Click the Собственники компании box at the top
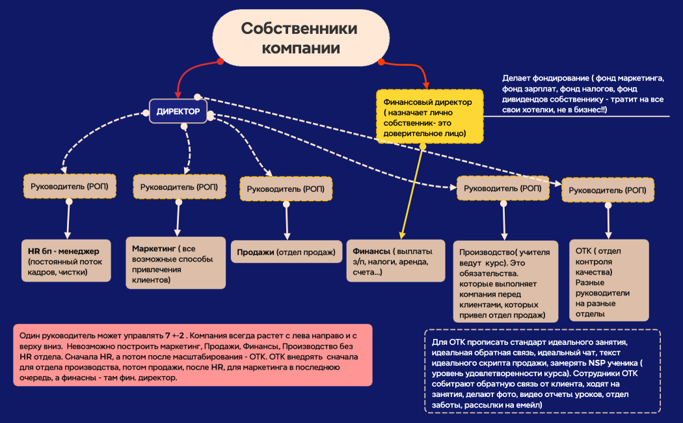point(300,38)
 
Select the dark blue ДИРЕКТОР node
point(178,111)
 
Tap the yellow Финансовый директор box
point(430,116)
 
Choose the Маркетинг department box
point(176,263)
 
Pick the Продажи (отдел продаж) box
point(286,252)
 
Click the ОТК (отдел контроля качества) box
point(608,280)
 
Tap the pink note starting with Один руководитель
point(193,355)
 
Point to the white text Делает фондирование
point(582,94)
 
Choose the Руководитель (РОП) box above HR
point(70,186)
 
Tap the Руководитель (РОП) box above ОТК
point(608,189)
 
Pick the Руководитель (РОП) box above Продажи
point(286,189)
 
